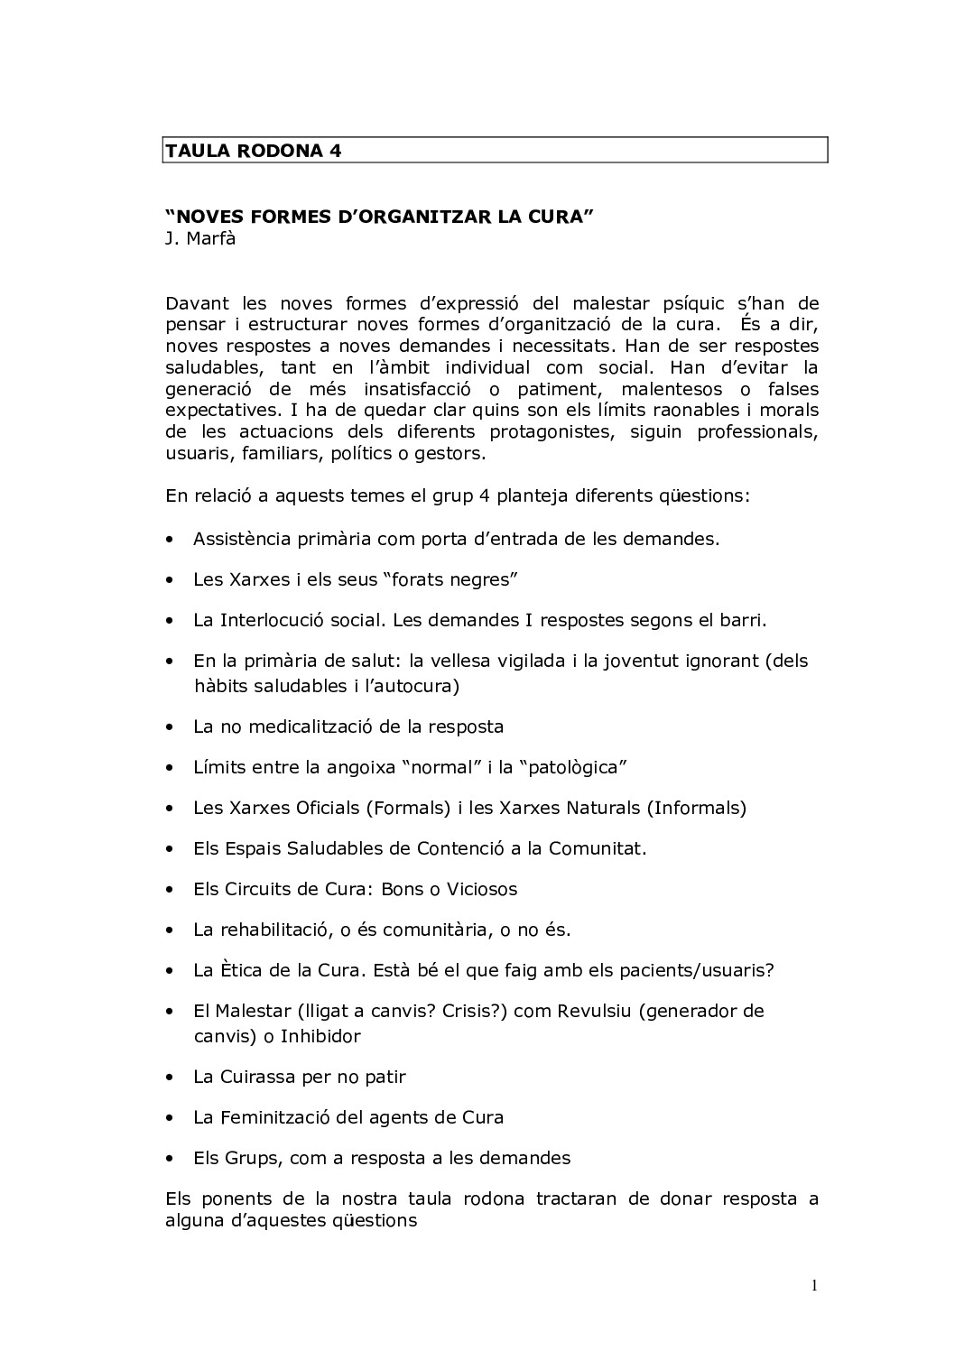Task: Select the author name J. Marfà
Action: pos(200,239)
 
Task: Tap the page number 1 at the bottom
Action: pos(814,1286)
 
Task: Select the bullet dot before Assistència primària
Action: pos(170,540)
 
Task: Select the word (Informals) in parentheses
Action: pos(696,808)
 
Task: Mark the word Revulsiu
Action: pos(595,1011)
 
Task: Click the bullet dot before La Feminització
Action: pos(170,1117)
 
